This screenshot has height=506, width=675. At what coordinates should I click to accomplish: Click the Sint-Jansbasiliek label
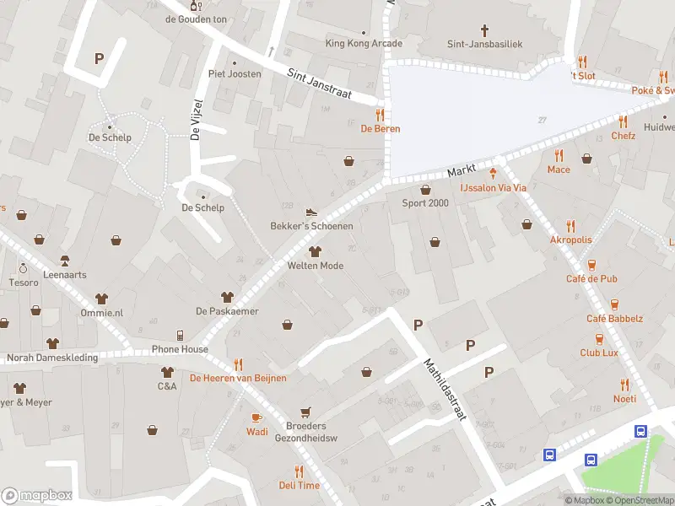pos(484,43)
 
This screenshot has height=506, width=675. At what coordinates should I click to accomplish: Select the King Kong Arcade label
pos(364,43)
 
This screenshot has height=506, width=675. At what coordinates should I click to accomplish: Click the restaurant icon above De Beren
pos(381,115)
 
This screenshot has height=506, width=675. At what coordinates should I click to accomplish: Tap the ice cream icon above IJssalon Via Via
pos(494,174)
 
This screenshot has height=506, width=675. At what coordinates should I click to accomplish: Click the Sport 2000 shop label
pos(425,203)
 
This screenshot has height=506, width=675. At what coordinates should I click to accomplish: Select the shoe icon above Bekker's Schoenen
pos(311,213)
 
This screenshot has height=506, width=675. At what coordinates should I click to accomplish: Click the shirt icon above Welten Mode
pos(316,251)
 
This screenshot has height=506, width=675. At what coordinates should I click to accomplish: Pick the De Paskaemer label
pos(227,311)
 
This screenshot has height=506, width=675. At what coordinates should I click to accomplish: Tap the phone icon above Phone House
pos(180,336)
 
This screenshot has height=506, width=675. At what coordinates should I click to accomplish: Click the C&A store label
pos(167,386)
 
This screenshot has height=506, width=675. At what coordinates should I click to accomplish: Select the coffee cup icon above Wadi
pos(257,418)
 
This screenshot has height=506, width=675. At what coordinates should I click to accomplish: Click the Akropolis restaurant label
pos(571,240)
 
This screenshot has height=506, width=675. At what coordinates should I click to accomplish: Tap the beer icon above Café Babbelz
pos(614,304)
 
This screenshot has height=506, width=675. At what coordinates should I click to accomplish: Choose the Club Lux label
pos(599,353)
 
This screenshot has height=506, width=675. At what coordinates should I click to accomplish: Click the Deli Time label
pos(300,485)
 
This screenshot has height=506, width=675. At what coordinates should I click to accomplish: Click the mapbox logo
pos(37,496)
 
